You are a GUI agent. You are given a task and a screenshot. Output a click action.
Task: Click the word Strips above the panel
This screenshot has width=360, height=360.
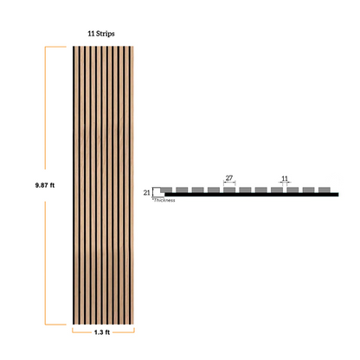(106, 34)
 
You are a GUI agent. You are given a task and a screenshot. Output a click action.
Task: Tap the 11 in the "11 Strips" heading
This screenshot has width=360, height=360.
(91, 34)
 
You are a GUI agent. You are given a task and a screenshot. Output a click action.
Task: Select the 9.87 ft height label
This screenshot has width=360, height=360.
(45, 185)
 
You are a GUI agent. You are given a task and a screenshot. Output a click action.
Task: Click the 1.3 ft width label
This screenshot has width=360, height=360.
(102, 332)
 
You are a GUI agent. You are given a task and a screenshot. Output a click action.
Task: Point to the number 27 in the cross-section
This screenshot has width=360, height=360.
(229, 178)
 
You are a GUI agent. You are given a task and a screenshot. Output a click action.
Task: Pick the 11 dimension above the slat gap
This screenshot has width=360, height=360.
(285, 178)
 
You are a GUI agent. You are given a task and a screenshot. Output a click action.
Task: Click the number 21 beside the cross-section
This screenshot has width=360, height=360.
(147, 192)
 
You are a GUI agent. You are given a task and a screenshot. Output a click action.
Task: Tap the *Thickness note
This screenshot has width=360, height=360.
(164, 200)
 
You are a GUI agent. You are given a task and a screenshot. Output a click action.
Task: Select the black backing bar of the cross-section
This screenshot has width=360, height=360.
(251, 195)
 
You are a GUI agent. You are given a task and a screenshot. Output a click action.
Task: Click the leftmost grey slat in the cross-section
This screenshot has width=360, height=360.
(166, 190)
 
